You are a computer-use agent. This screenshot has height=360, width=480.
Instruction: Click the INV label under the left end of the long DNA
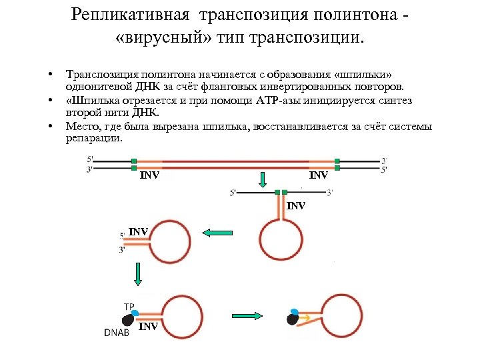click(149, 176)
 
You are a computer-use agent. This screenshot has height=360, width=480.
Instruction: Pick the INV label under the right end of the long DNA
click(319, 176)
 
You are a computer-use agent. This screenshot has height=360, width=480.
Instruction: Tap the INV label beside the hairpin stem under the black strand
click(296, 206)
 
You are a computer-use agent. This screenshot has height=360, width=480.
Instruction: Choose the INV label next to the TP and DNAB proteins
click(149, 327)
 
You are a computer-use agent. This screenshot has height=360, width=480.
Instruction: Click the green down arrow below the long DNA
click(263, 179)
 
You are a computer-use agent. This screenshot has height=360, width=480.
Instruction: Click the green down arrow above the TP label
click(138, 273)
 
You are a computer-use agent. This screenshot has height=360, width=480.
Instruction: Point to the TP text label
click(129, 306)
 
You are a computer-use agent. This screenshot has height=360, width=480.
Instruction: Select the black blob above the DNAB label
click(125, 319)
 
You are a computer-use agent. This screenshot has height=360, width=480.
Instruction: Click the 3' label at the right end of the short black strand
click(329, 193)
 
